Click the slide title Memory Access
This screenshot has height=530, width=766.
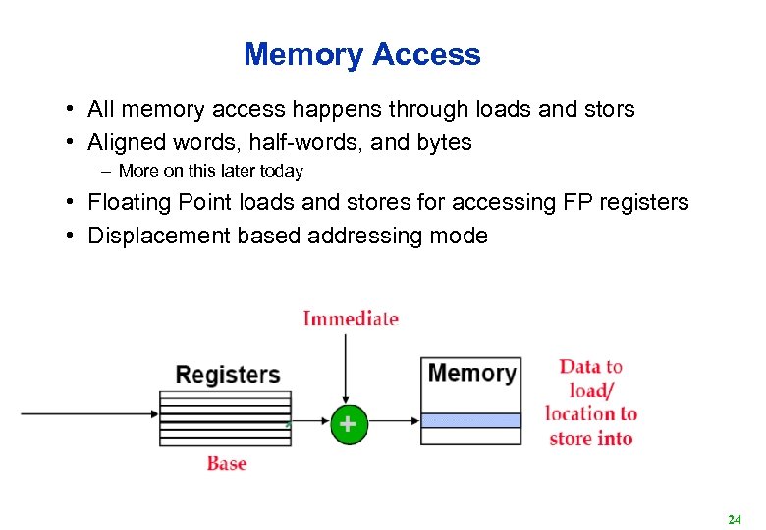[362, 54]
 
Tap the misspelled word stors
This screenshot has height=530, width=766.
[608, 110]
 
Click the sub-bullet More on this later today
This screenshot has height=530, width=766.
[210, 172]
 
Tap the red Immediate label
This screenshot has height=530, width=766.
[351, 318]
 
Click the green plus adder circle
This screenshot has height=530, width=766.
[347, 424]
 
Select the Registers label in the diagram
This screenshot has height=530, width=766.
[227, 375]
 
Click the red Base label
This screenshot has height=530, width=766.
[226, 464]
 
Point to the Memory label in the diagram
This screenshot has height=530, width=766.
[471, 373]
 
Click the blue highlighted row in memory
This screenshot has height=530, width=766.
[470, 420]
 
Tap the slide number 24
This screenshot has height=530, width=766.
[734, 518]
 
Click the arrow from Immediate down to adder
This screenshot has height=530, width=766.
[346, 368]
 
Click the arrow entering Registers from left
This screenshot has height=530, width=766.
[88, 414]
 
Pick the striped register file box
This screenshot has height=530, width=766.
[225, 418]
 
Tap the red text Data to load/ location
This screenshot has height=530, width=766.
[591, 402]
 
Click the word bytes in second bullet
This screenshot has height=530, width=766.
[444, 143]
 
